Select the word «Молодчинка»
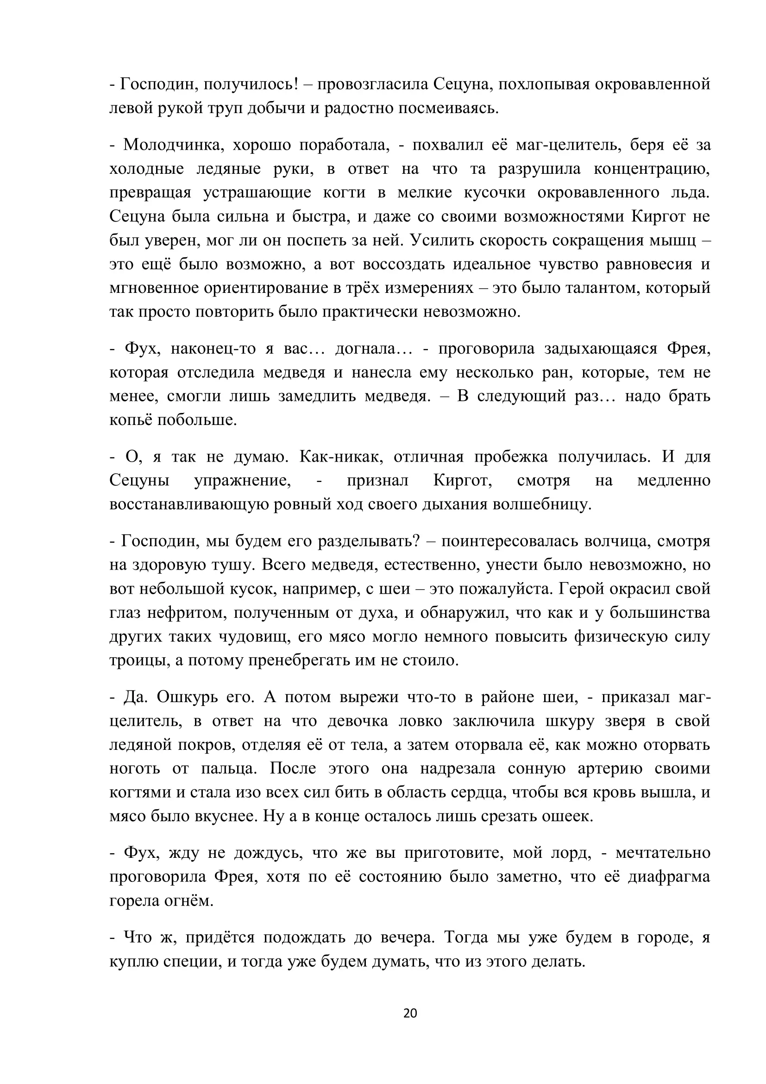tap(173, 145)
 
